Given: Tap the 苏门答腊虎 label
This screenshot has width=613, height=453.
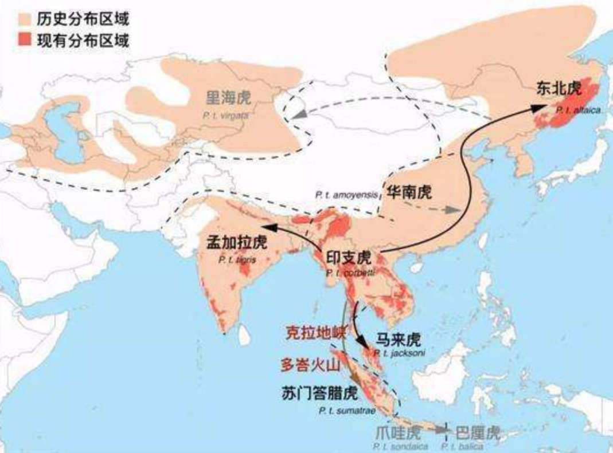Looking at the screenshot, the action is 320,393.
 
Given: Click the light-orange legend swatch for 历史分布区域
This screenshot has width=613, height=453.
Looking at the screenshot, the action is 11,19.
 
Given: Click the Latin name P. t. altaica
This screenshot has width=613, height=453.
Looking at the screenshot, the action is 577,111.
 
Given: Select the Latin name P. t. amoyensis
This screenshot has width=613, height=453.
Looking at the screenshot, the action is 347,195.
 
